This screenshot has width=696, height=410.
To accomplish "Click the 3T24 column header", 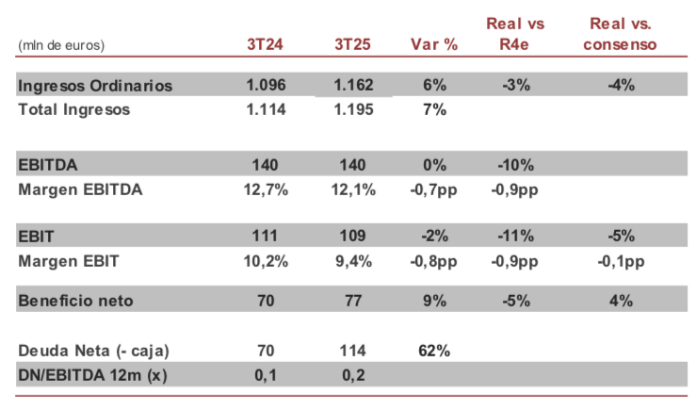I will click(265, 44).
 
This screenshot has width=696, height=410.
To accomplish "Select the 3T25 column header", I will click(354, 44).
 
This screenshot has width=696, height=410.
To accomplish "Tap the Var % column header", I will click(434, 44).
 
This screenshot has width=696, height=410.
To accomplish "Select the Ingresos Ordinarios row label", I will click(95, 85).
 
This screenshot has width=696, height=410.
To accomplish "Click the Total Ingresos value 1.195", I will click(354, 109).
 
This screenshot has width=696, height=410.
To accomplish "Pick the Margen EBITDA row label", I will click(80, 189).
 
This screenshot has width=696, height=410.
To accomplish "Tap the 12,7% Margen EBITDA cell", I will click(265, 189).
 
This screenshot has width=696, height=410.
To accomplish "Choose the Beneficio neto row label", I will click(76, 302).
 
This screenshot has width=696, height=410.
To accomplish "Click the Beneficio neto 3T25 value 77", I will click(354, 302).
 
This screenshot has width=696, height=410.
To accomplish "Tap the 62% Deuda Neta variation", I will click(434, 351).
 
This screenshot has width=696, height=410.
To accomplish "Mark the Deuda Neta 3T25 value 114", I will click(354, 351).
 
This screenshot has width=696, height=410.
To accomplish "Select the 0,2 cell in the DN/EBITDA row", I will click(354, 375).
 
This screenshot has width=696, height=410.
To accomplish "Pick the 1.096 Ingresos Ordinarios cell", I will click(265, 85).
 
